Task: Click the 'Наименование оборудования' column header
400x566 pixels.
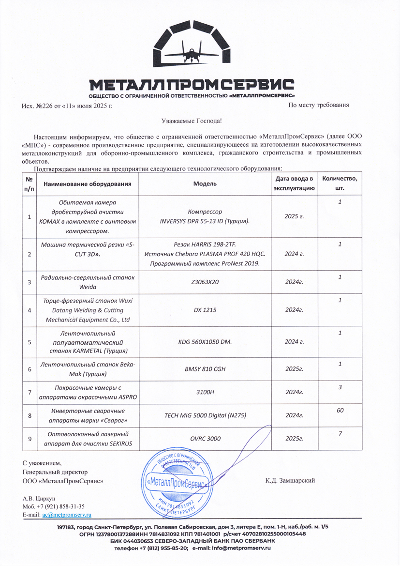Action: click(x=88, y=184)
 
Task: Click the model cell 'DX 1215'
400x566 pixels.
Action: click(x=205, y=310)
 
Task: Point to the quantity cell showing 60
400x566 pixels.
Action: click(x=340, y=410)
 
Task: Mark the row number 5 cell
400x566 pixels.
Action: click(x=30, y=342)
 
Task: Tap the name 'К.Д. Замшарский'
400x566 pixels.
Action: click(x=290, y=481)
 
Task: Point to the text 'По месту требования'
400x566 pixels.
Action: click(x=318, y=105)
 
